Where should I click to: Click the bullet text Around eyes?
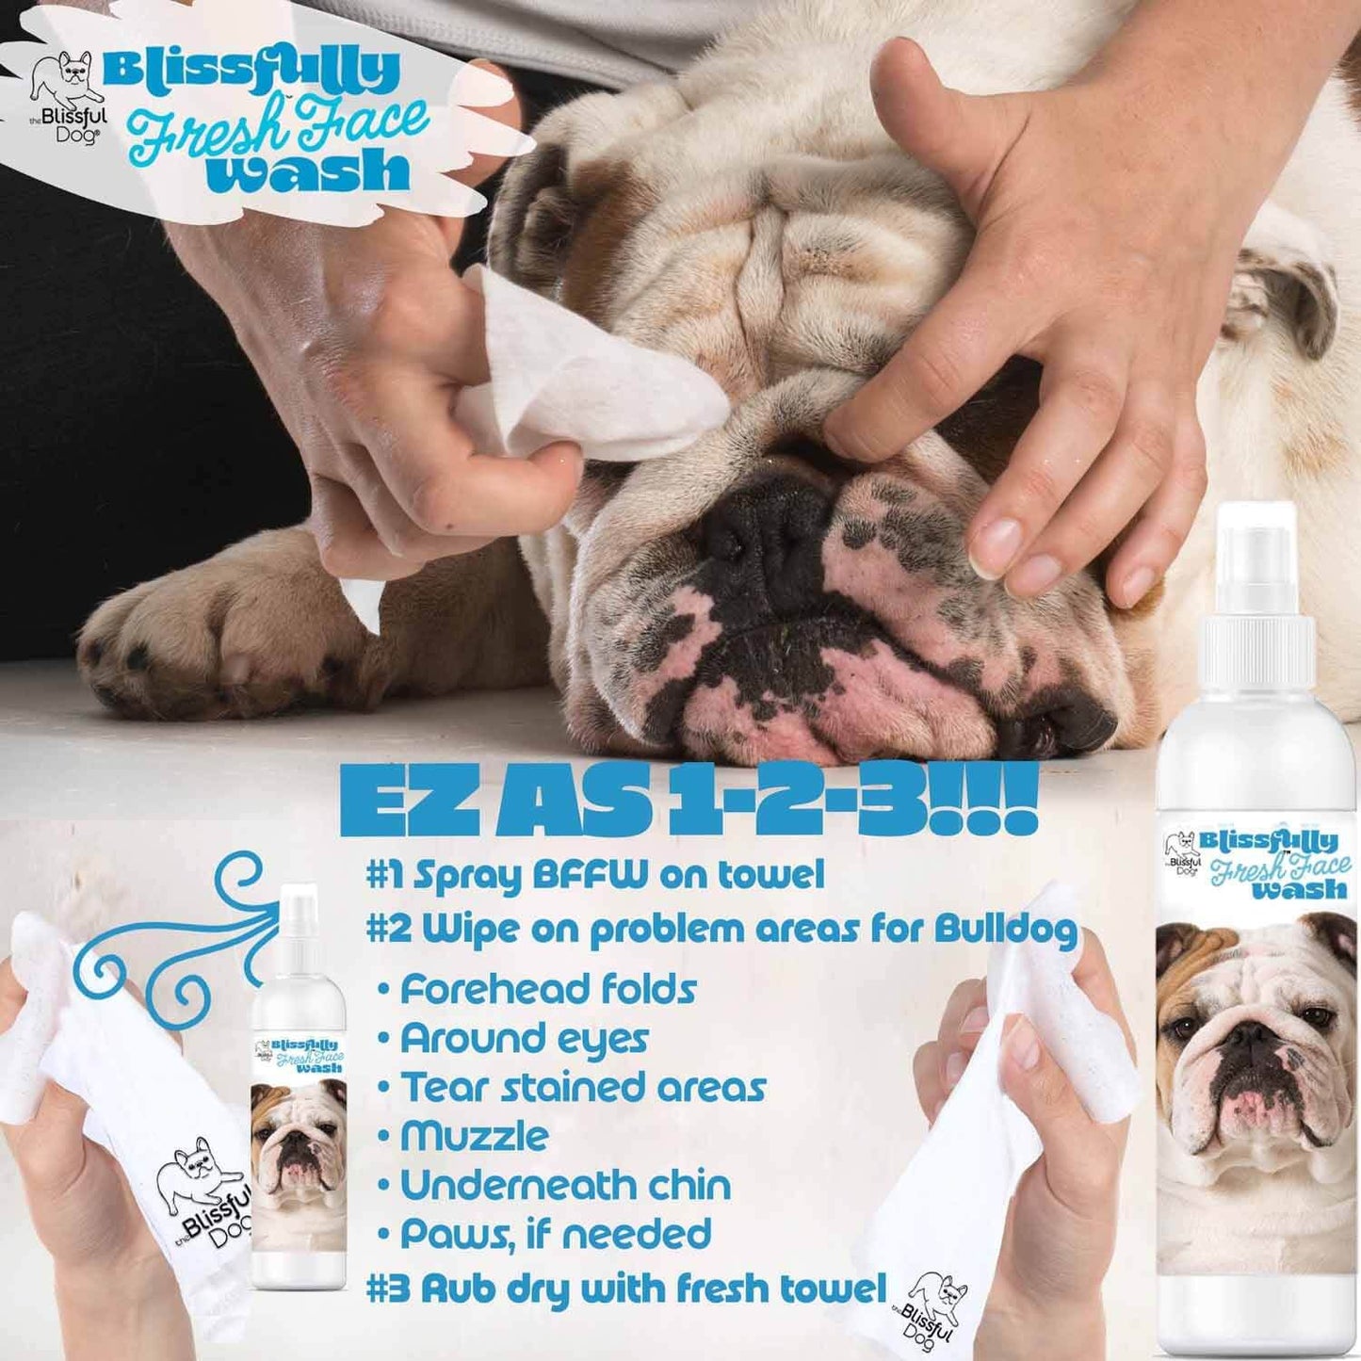click(x=524, y=1039)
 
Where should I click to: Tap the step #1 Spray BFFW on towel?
click(x=595, y=876)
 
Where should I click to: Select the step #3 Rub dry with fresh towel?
click(x=625, y=1288)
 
